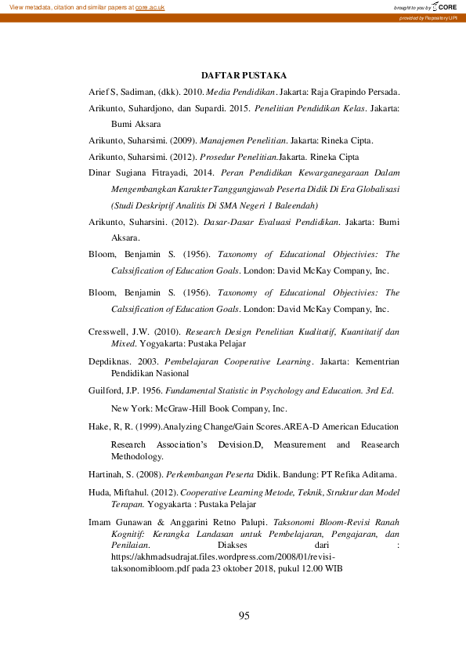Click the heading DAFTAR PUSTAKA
[244, 75]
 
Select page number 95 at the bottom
[244, 616]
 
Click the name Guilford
[107, 391]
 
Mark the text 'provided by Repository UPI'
[428, 17]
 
